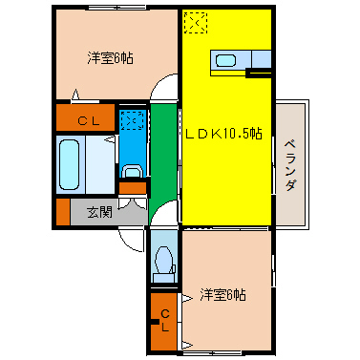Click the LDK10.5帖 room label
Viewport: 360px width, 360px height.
(x=222, y=134)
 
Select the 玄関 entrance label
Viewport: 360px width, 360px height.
(x=99, y=212)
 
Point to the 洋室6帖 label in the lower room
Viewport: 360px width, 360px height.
(x=222, y=294)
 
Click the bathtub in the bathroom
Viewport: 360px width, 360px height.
(x=73, y=165)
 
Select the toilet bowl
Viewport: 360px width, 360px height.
(x=164, y=259)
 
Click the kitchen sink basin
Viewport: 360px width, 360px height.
(x=225, y=61)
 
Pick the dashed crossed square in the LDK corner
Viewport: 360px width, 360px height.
(x=195, y=22)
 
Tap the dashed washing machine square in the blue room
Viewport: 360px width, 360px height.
(x=133, y=120)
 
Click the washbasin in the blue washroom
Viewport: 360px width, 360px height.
(x=133, y=173)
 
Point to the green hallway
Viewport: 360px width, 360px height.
(x=164, y=153)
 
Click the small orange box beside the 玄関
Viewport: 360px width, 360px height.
(x=63, y=212)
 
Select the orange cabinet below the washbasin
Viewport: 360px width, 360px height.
(x=133, y=188)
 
